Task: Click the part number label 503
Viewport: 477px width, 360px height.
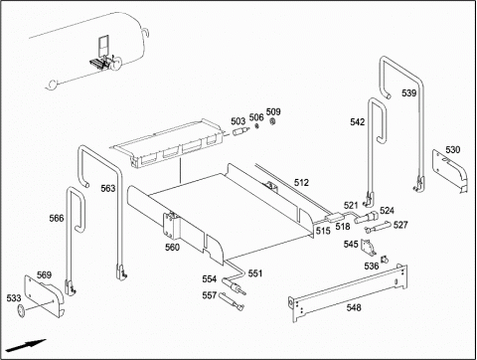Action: point(238,121)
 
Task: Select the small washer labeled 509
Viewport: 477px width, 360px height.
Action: point(272,122)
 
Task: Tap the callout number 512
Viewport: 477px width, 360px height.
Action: point(301,182)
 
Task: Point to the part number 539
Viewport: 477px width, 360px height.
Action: point(408,93)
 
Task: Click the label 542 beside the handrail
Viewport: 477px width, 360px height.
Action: point(358,122)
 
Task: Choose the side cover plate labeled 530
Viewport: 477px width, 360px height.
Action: point(450,171)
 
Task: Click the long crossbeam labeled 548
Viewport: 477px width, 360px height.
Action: point(349,293)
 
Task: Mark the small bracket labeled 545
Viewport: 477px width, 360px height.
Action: point(369,248)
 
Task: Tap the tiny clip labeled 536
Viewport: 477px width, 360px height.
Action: point(385,260)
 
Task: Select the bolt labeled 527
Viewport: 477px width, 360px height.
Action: point(377,227)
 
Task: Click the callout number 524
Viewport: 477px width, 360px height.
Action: point(387,211)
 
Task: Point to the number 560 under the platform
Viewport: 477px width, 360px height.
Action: point(172,248)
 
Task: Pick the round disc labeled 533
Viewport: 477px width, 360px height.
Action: point(21,310)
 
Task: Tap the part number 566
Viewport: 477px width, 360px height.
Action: point(57,218)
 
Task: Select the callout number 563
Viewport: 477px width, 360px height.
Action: point(108,188)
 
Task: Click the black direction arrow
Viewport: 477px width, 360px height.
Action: point(26,345)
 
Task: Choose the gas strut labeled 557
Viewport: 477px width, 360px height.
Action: point(231,300)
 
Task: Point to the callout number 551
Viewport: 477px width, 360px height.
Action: point(255,273)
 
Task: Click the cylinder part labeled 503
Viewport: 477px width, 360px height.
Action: point(240,131)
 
